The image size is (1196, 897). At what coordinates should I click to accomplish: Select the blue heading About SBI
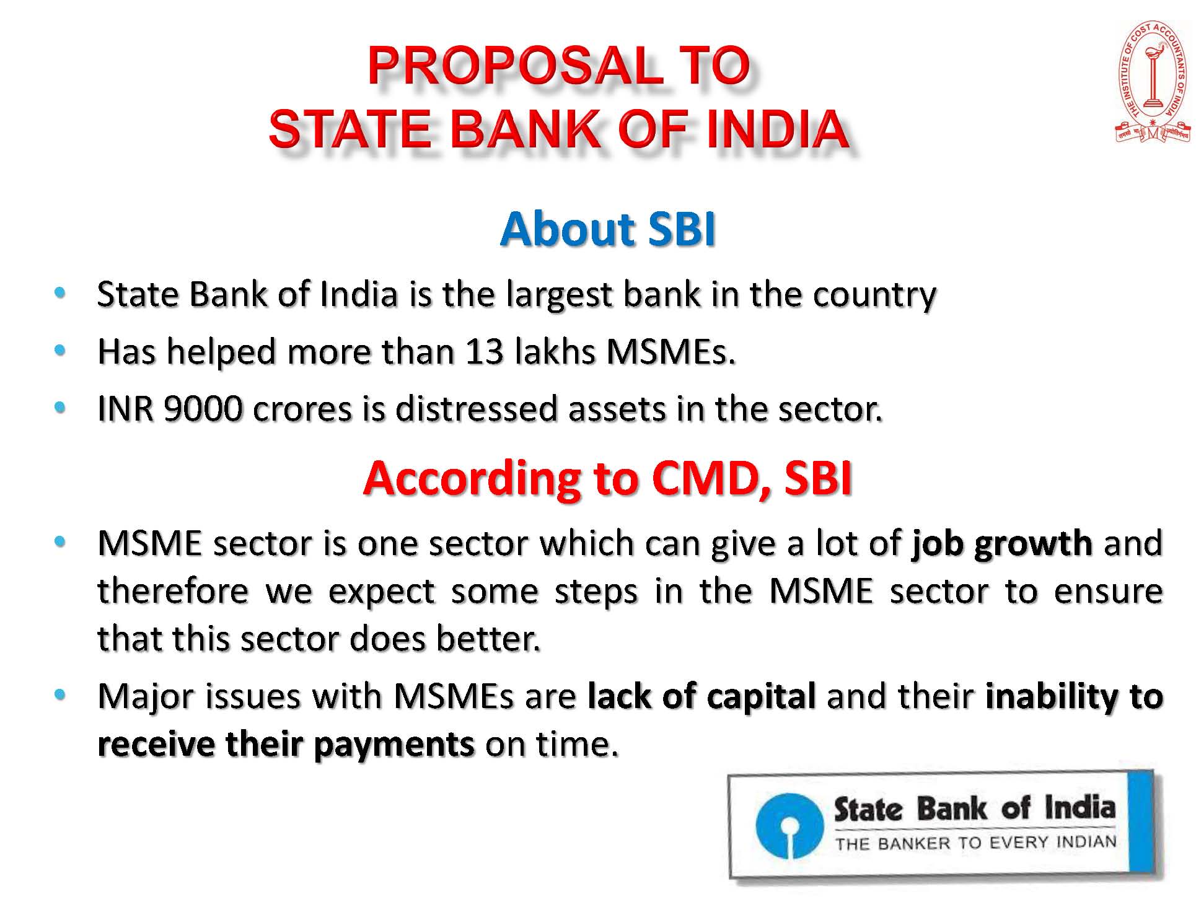click(x=608, y=229)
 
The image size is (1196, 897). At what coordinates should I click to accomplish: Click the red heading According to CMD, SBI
click(x=608, y=478)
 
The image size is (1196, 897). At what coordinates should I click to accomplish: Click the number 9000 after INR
click(x=203, y=409)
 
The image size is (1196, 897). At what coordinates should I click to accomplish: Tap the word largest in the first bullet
click(x=558, y=295)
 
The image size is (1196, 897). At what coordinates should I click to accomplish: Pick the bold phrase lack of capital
click(x=701, y=696)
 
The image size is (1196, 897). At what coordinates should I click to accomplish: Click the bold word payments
click(x=394, y=745)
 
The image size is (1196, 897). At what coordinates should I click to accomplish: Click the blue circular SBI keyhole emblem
click(x=789, y=826)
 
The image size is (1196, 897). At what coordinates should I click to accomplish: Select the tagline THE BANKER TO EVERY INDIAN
click(x=976, y=843)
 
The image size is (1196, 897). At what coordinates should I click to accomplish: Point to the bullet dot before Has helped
click(x=60, y=351)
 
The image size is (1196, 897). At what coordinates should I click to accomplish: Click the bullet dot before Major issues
click(x=60, y=695)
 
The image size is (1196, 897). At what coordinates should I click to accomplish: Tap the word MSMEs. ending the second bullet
click(x=671, y=351)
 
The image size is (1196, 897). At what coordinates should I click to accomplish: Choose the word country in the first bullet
click(x=874, y=295)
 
